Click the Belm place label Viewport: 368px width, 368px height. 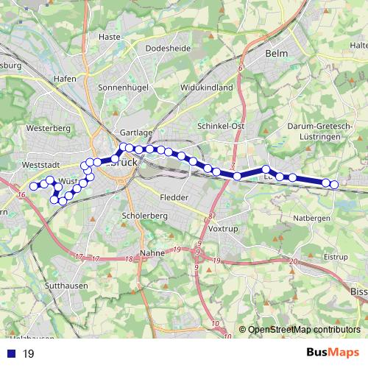click(277, 54)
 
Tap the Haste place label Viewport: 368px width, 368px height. click(109, 36)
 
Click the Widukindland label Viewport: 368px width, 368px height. click(206, 87)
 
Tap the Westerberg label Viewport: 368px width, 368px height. click(47, 127)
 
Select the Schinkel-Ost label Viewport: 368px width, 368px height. click(221, 126)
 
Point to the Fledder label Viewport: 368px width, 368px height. click(174, 198)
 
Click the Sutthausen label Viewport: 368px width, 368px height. click(66, 286)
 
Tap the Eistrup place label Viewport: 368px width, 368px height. click(336, 257)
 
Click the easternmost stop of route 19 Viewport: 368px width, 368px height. click(334, 185)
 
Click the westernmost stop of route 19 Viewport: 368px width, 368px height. click(33, 186)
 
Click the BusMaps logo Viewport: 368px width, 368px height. click(332, 353)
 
